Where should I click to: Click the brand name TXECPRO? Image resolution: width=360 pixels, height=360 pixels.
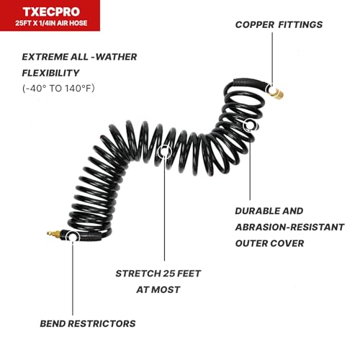click(51, 12)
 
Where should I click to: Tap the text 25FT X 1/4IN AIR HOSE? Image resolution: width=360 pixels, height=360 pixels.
click(51, 23)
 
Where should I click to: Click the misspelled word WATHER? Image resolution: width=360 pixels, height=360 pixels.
click(116, 57)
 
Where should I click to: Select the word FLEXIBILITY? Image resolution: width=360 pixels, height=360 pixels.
click(50, 73)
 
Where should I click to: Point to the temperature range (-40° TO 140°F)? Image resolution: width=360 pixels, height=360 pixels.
click(58, 89)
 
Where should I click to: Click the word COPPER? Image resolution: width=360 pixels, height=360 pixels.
click(255, 24)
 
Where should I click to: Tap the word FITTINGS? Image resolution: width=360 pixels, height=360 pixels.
click(300, 24)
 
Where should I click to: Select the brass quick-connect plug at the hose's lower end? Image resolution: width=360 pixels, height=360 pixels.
click(54, 233)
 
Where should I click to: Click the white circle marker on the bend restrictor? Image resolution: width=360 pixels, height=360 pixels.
click(73, 237)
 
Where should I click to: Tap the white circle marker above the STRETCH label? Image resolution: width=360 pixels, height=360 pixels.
click(164, 152)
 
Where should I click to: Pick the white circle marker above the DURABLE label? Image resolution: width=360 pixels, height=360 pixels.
click(250, 125)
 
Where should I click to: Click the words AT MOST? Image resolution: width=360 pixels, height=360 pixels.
click(158, 289)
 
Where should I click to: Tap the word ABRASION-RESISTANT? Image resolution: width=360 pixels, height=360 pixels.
click(289, 227)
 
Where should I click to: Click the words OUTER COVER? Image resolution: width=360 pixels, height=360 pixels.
click(269, 243)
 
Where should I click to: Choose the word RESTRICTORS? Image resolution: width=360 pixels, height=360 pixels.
click(102, 323)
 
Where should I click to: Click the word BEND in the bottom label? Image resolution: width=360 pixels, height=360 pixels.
click(53, 323)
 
